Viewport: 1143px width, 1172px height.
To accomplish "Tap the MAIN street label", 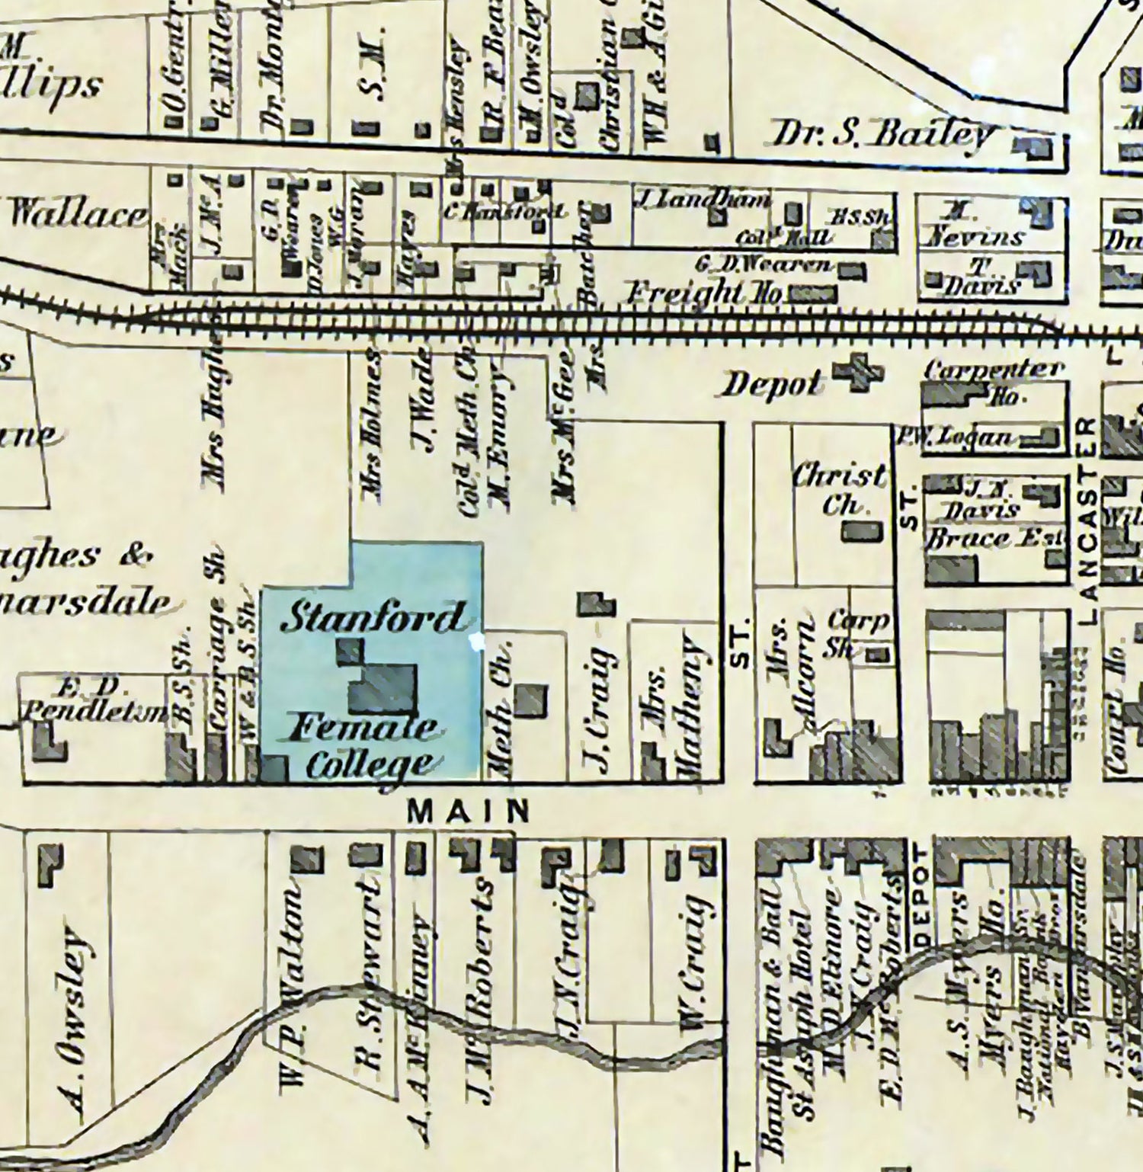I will [468, 811].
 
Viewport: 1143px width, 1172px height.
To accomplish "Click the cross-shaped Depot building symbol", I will [858, 373].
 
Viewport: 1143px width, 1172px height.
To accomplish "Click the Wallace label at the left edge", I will [76, 215].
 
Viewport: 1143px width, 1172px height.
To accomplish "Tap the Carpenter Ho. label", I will [994, 379].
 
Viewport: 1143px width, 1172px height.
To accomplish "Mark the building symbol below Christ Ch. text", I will [862, 531].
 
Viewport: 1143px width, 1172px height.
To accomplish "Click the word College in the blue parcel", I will [370, 764].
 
